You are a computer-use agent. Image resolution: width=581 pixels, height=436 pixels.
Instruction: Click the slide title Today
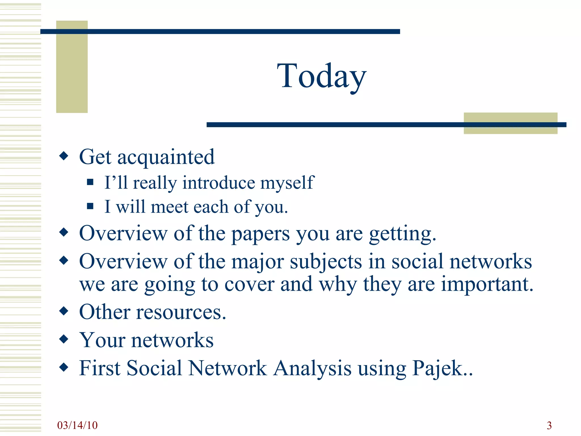pos(321,76)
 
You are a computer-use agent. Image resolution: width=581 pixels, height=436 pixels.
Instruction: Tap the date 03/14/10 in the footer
pos(77,425)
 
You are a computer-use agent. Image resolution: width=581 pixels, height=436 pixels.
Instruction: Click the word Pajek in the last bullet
pos(437,368)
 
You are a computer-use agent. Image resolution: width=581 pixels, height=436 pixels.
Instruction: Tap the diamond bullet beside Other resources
pos(64,311)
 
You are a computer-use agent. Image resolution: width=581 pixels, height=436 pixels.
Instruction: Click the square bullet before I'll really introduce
pos(90,182)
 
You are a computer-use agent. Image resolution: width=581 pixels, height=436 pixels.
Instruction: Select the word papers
pos(260,234)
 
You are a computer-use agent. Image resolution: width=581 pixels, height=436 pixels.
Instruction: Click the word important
pos(487,284)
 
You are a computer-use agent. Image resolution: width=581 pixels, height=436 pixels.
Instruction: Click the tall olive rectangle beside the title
pos(72,67)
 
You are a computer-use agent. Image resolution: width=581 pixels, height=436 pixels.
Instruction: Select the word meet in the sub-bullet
pos(169,207)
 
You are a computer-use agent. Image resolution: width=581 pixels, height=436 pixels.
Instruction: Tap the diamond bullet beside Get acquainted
pos(64,156)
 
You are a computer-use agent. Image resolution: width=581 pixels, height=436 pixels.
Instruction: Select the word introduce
pos(218,183)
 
